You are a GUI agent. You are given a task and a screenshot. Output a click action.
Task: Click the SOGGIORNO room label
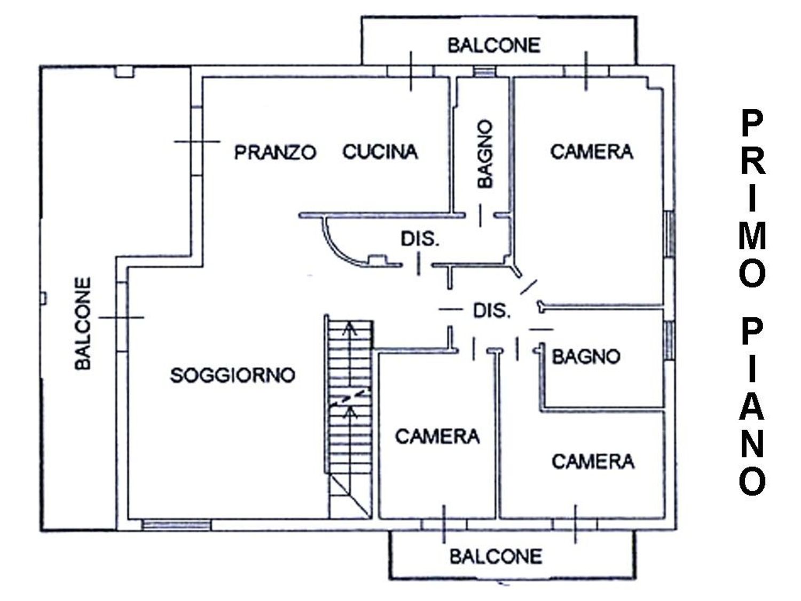pos(232,375)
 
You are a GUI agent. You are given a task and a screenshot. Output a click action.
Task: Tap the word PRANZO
pos(275,152)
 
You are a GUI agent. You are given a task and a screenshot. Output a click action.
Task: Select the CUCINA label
pos(380,152)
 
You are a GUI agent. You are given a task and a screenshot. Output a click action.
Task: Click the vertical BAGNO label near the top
pos(485,154)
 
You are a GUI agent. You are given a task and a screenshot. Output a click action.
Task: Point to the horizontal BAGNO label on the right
pos(586,356)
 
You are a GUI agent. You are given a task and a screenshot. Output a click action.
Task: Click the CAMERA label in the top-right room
pos(591,152)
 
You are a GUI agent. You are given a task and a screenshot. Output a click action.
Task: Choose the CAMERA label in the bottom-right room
pos(593,461)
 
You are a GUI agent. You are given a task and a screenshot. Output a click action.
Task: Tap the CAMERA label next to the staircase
pos(437,436)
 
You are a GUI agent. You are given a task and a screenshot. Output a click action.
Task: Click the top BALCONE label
pos(493,45)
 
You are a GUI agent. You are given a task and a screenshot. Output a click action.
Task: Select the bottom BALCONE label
pos(496,557)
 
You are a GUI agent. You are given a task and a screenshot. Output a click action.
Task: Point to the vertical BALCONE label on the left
pos(83,323)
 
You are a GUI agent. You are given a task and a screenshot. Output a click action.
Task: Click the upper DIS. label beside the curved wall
pos(420,239)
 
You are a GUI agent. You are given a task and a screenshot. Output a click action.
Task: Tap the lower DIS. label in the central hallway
pos(491,310)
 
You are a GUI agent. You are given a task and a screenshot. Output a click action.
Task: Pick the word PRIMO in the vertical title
pos(753,198)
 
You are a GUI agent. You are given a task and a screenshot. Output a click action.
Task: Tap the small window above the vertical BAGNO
pos(485,71)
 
